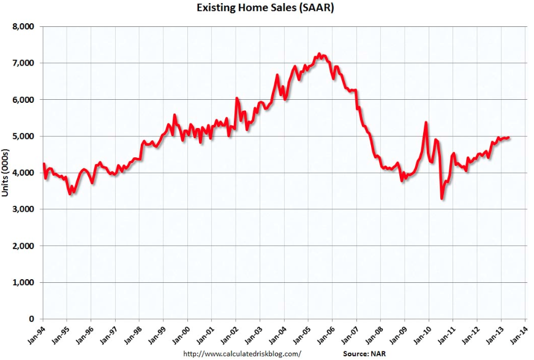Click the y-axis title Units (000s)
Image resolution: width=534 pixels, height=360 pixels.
pos(7,173)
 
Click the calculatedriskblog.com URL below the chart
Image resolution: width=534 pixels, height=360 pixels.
pos(243,354)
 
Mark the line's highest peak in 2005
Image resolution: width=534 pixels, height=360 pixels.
pos(320,54)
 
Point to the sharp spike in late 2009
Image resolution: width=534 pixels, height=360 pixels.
pos(426,122)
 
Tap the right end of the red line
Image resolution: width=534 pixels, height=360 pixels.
pos(510,138)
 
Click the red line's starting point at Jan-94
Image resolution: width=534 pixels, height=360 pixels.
pos(43,164)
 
